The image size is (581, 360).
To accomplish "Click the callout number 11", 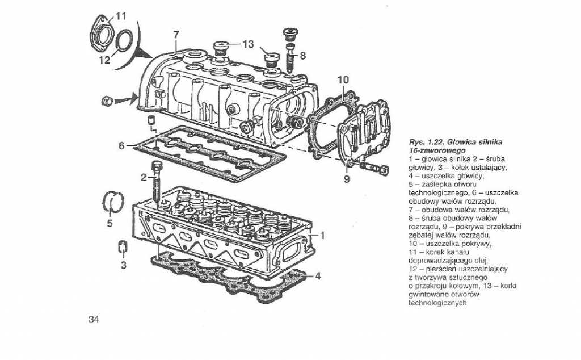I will pyautogui.click(x=121, y=16).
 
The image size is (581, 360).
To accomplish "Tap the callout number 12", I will pyautogui.click(x=104, y=60).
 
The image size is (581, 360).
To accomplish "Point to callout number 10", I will pyautogui.click(x=343, y=80).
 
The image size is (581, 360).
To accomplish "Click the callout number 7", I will pyautogui.click(x=176, y=35).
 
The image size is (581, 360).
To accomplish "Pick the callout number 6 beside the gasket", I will pyautogui.click(x=121, y=146).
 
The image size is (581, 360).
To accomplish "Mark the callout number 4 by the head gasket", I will pyautogui.click(x=318, y=276).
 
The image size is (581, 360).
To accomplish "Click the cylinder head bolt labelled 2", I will pyautogui.click(x=157, y=181).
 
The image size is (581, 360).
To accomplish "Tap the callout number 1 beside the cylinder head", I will pyautogui.click(x=323, y=235).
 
